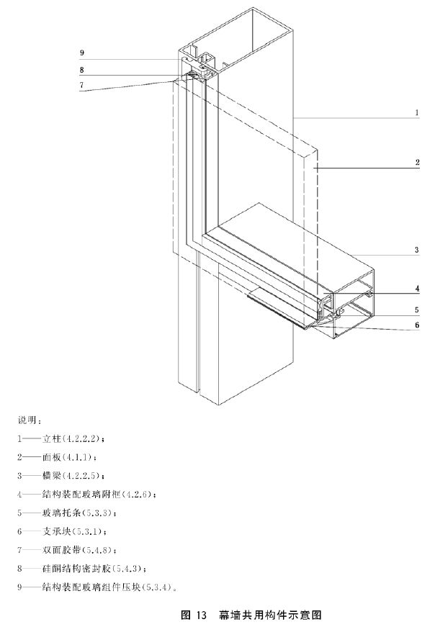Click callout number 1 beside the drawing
coord(416,112)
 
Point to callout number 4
coord(416,289)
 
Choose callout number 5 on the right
coord(416,310)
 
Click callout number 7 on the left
coord(82,84)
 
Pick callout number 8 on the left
coord(82,70)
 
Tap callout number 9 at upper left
coord(82,53)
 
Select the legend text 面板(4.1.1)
coord(68,456)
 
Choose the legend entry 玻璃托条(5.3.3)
coord(79,513)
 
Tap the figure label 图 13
coord(194,615)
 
